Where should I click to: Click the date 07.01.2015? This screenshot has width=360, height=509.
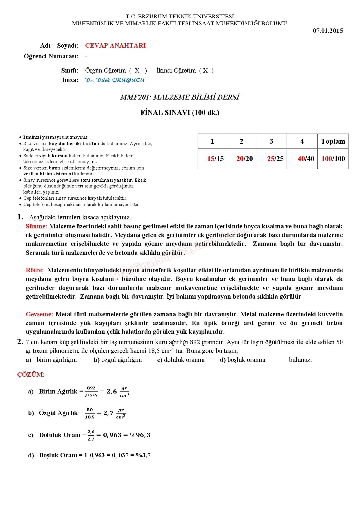328,31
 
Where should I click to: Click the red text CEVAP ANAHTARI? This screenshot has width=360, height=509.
115,46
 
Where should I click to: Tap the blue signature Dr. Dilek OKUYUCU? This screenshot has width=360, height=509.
115,80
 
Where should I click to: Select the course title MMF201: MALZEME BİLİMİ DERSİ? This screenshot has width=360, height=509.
180,97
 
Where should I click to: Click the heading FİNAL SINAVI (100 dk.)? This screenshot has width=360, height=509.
180,113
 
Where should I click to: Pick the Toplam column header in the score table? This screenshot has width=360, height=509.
333,141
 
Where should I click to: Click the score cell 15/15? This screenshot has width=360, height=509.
215,159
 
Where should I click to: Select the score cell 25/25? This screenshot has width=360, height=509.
275,159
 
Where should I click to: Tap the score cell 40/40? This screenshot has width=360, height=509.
306,159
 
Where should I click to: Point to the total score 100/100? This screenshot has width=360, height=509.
333,159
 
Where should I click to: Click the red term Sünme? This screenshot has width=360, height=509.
36,226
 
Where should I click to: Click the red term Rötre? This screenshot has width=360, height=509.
35,270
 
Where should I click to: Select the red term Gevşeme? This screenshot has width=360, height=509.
39,314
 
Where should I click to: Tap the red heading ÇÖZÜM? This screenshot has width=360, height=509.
31,375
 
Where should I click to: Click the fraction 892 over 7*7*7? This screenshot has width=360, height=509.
91,392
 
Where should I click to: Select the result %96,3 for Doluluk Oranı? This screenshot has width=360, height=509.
140,435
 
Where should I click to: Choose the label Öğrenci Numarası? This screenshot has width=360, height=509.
51,56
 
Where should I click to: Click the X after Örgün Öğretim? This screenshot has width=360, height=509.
137,71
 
